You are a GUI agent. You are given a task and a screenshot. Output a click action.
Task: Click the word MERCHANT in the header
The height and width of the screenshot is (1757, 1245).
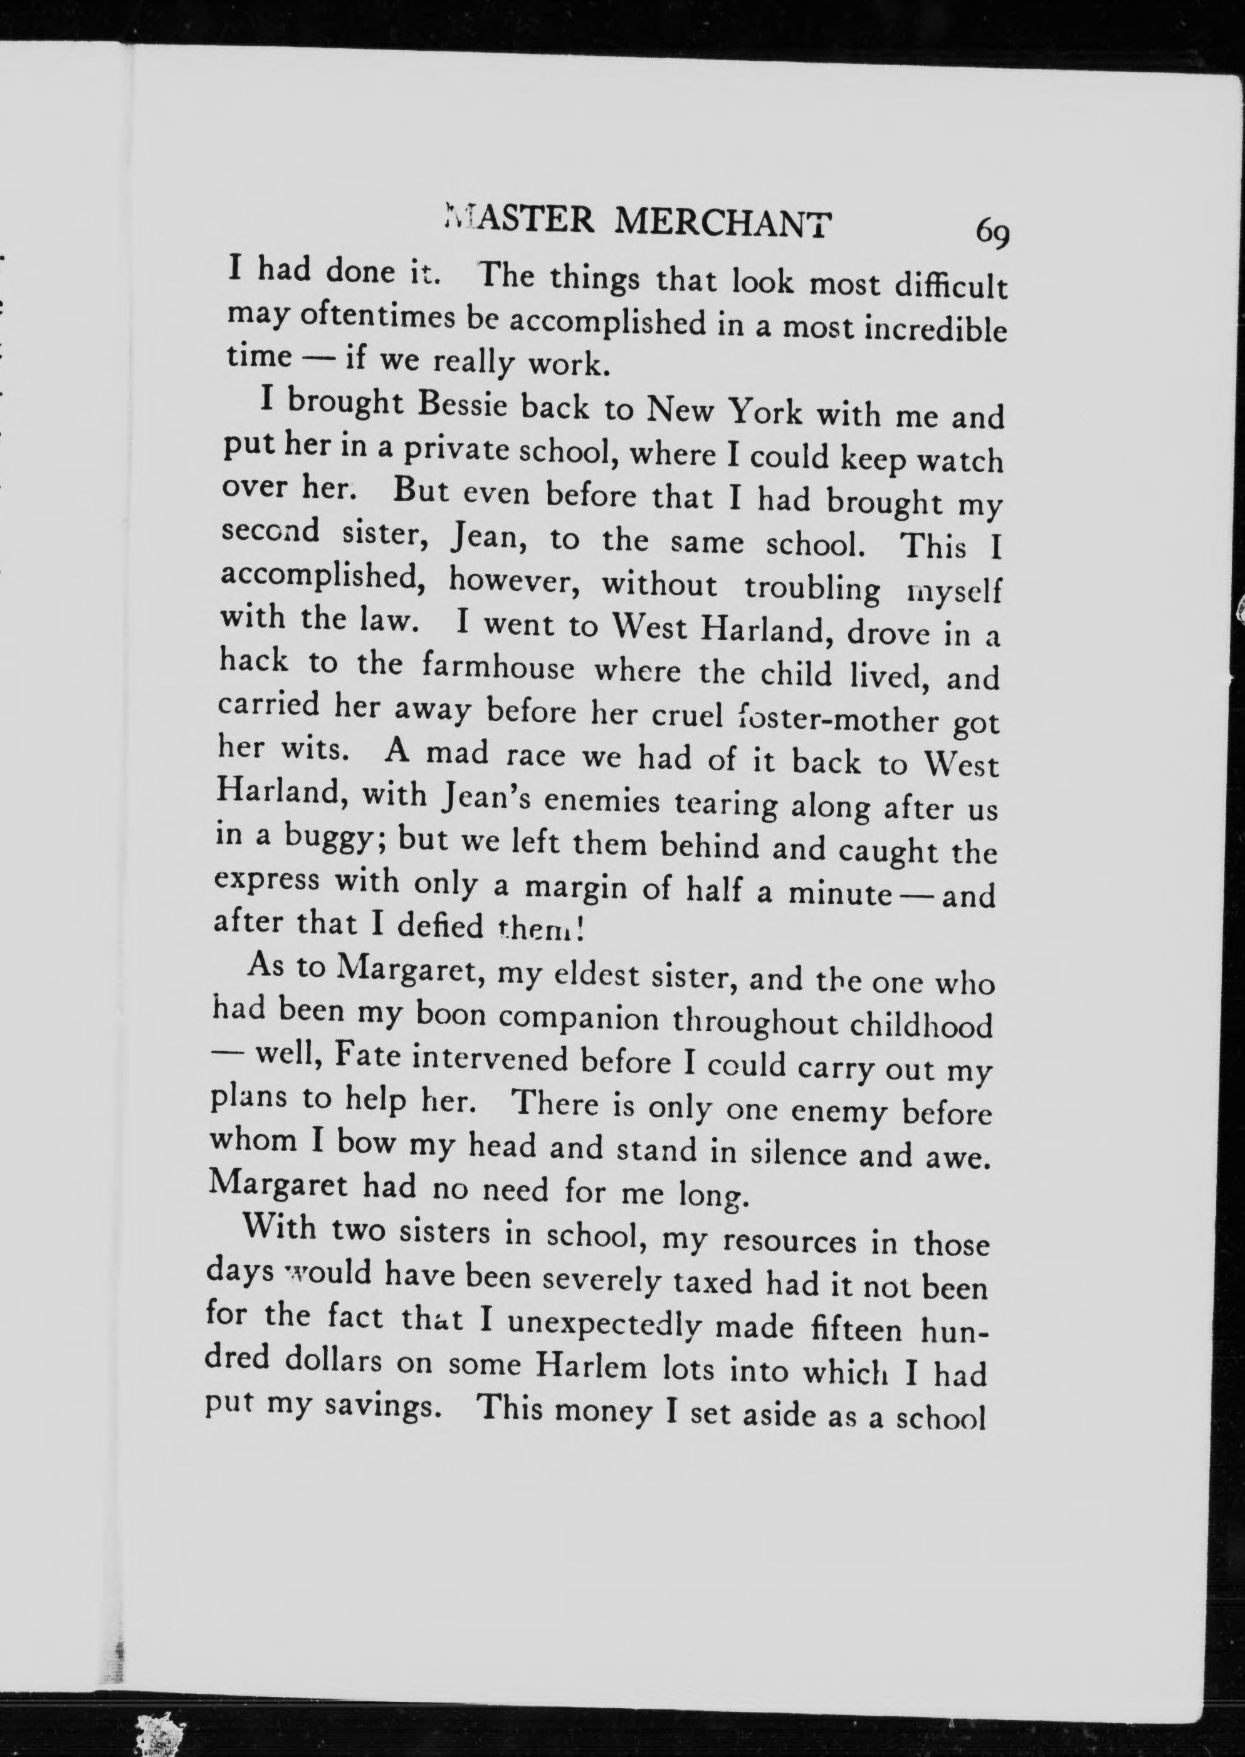723,223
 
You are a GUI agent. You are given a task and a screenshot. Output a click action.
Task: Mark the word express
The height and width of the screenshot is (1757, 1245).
268,879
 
